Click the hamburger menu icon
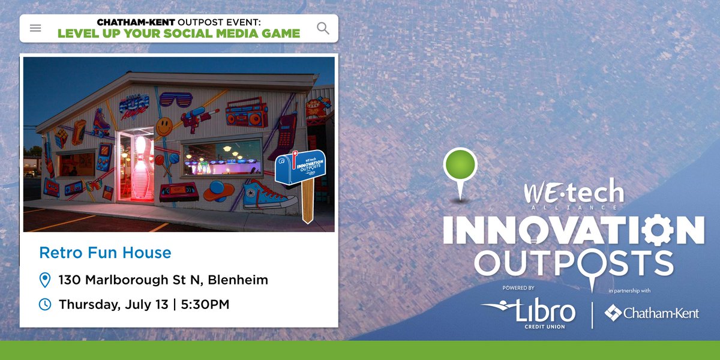pyautogui.click(x=35, y=28)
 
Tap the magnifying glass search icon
pyautogui.click(x=323, y=28)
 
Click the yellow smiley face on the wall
pyautogui.click(x=164, y=126)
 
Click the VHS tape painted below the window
pyautogui.click(x=178, y=191)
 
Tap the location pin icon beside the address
pyautogui.click(x=44, y=280)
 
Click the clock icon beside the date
pyautogui.click(x=44, y=304)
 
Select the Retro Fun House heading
pyautogui.click(x=105, y=253)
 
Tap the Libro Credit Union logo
pyautogui.click(x=529, y=312)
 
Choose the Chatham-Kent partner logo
pyautogui.click(x=652, y=313)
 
